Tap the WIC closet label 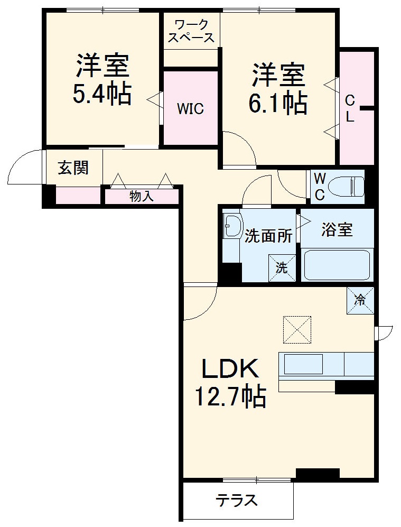pos(190,109)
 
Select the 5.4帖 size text pos(102,94)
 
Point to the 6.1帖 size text pos(278,104)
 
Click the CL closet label pos(350,108)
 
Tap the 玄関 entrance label pos(73,168)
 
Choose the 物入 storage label pos(142,196)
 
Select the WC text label pos(320,186)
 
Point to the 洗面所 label pos(268,236)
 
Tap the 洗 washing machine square pos(282,267)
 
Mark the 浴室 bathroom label pos(337,230)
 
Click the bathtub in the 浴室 pos(337,265)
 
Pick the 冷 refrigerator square pos(360,300)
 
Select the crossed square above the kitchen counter pos(297,329)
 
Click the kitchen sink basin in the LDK pos(304,365)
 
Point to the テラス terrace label pos(237,500)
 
